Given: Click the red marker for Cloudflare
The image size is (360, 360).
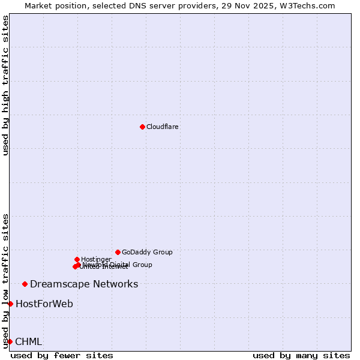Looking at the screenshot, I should tap(142, 127).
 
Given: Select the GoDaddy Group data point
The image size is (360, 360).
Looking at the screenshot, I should tap(118, 252).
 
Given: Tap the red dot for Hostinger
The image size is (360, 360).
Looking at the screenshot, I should tap(77, 259).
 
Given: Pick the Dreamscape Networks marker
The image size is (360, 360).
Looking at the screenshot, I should tap(25, 284).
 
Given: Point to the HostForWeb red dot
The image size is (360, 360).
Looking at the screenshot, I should tap(10, 304).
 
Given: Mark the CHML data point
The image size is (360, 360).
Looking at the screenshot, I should tap(10, 341).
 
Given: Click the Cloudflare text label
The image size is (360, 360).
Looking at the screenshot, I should tap(163, 127).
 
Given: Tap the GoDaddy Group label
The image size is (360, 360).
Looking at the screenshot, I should tap(147, 252).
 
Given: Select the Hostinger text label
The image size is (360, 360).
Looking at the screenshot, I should tap(96, 259).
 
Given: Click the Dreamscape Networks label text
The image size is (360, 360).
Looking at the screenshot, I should tap(84, 284).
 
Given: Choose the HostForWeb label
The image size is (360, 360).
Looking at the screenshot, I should tap(44, 304).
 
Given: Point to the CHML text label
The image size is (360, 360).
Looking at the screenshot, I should tap(29, 341).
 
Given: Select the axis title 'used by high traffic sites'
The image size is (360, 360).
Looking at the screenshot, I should tap(6, 85).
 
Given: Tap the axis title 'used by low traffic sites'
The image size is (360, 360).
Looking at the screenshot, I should tap(6, 280).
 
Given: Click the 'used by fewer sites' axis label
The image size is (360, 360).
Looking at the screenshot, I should tap(62, 355).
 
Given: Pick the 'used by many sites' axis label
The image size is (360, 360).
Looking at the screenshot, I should tap(301, 355).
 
